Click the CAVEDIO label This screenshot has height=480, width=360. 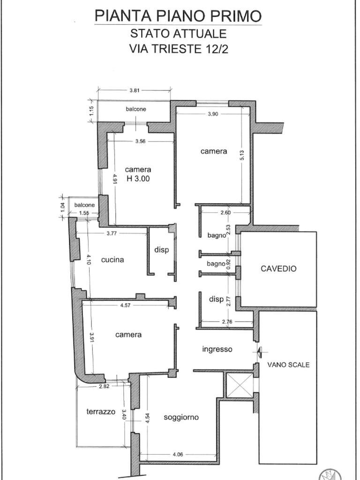pos(278,269)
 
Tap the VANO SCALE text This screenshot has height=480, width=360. pos(288,365)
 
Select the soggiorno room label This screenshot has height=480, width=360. pos(181,417)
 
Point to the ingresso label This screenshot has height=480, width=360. pos(217,349)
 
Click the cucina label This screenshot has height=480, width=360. pos(112,260)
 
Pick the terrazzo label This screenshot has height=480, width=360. pos(101,412)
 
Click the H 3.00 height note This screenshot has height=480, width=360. pos(138,179)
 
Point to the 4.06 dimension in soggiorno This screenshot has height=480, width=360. pos(178,454)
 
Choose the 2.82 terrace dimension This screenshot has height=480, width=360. pos(103,386)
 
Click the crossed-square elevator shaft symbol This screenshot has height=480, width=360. pos(240,385)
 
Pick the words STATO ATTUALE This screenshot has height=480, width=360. pos(179,33)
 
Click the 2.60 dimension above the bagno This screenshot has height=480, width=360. pos(225,212)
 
